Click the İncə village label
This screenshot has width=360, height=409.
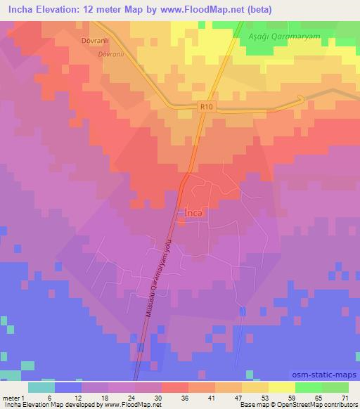coord(193,212)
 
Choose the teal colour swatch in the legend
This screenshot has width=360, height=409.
coord(41,387)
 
